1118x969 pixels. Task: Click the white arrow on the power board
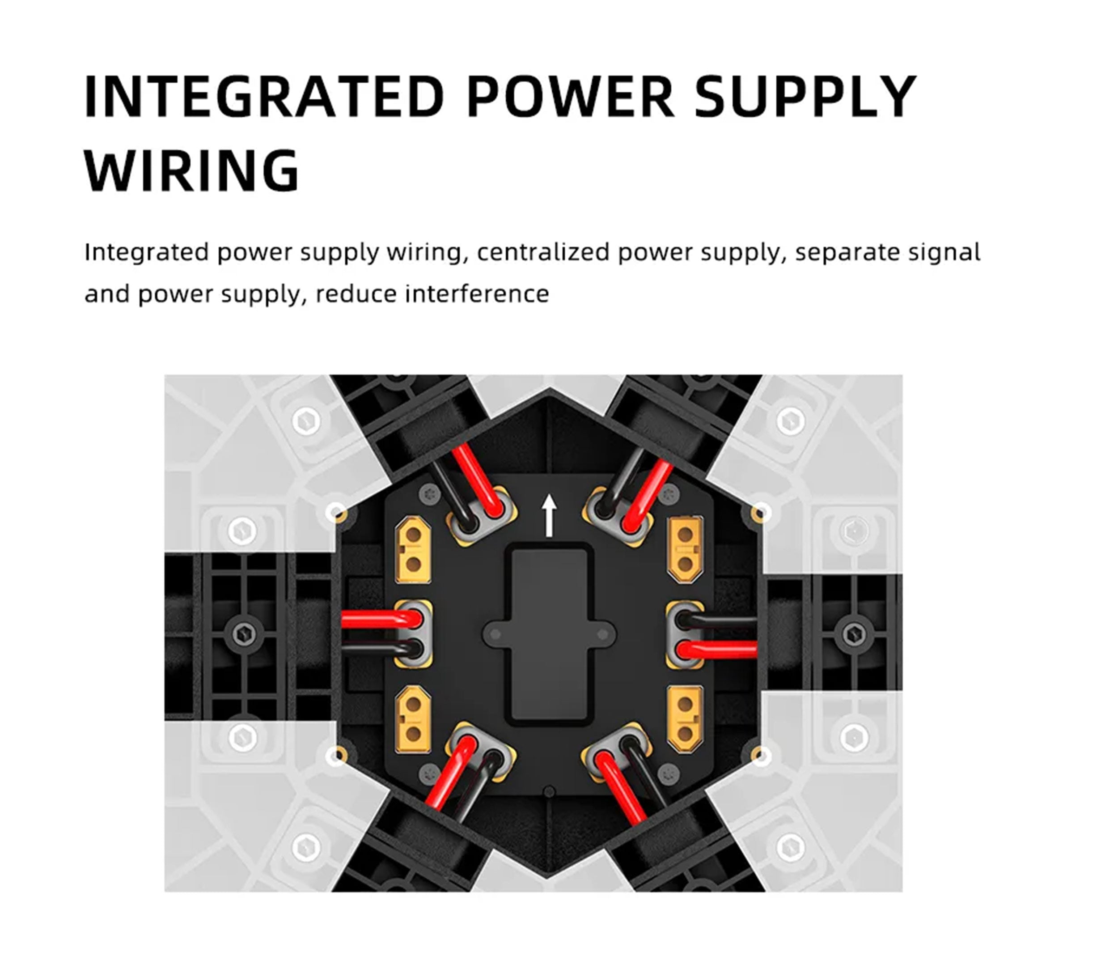[x=549, y=516]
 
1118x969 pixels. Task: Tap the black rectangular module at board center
[x=549, y=634]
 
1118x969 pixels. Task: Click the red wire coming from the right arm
[x=717, y=649]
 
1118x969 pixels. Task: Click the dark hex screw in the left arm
[x=244, y=634]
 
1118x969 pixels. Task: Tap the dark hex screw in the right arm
[x=854, y=634]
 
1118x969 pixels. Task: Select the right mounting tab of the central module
[x=603, y=634]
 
